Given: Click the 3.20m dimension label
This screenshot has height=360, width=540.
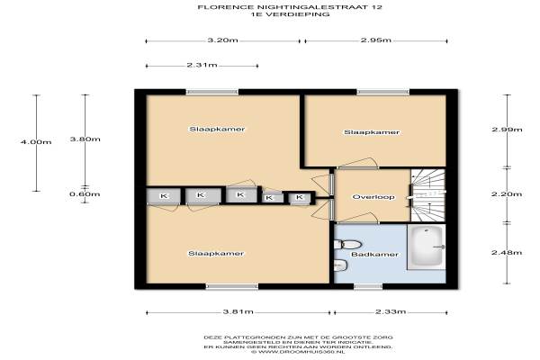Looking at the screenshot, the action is tap(222, 40).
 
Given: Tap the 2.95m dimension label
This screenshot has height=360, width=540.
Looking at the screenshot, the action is tap(375, 40).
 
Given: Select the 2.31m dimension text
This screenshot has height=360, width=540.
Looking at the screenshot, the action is tap(202, 65).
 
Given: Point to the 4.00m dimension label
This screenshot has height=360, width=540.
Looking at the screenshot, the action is tap(36, 141).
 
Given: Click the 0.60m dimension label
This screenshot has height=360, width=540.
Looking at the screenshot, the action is tap(85, 194).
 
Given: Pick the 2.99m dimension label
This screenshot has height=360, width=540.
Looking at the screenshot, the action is tap(507, 130).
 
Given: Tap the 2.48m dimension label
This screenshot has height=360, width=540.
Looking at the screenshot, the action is tap(507, 253).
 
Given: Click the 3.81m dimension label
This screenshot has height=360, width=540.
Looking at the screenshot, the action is tap(238, 312).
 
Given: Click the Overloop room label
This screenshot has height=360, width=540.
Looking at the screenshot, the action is tap(373, 197).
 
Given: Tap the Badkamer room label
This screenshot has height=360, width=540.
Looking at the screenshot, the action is tap(374, 255).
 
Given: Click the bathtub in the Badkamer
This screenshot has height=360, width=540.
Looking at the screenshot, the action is tap(427, 247).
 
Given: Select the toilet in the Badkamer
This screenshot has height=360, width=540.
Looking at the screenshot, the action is tap(347, 245).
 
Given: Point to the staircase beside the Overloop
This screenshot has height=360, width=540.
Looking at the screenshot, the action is tap(428, 195).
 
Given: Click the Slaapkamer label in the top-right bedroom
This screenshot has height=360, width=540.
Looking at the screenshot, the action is tap(372, 132).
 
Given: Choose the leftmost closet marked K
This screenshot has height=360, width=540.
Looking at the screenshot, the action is tap(164, 196).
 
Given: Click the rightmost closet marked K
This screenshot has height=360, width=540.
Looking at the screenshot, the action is tap(300, 197).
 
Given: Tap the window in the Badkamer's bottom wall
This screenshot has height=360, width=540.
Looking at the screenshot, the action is tap(368, 286).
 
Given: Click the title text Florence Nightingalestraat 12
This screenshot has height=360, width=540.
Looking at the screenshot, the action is tap(290, 7).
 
